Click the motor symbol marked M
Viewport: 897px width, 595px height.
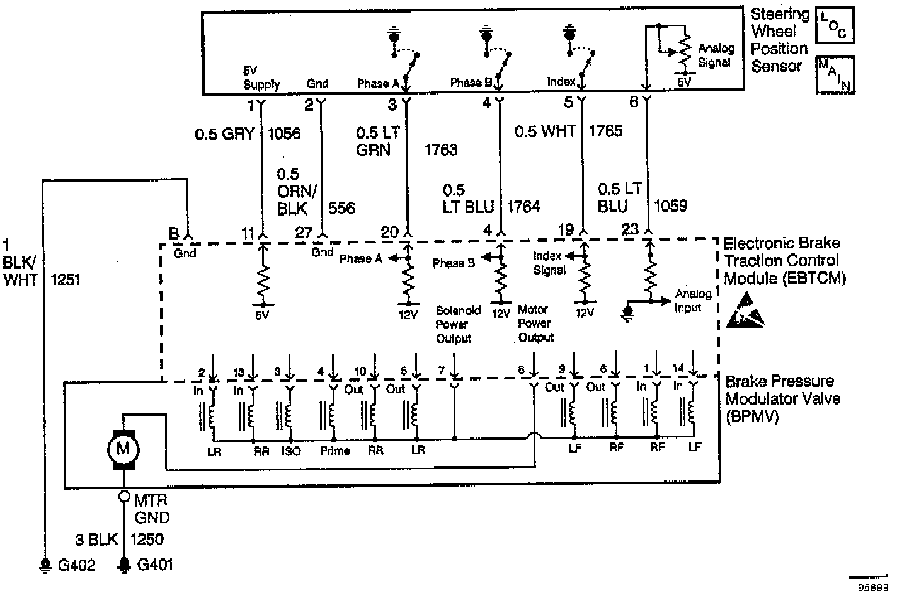[123, 449]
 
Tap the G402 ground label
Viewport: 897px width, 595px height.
[76, 565]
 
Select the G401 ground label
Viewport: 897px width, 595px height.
[154, 565]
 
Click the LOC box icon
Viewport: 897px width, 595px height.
[835, 25]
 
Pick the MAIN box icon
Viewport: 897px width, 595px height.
[835, 74]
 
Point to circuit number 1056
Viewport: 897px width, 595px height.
[284, 134]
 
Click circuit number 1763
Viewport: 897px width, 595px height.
[441, 150]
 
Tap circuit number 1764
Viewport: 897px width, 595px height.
[523, 207]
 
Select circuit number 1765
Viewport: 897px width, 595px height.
[605, 131]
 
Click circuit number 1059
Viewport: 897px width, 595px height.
[670, 205]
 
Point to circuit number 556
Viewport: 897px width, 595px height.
[342, 208]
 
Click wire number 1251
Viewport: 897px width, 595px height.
[66, 279]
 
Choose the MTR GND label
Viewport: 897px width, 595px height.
[152, 509]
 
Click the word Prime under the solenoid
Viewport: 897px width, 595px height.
[334, 451]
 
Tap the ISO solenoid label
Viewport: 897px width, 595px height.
[291, 451]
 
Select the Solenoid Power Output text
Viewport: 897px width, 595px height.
[457, 324]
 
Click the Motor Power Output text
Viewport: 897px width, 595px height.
[535, 323]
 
